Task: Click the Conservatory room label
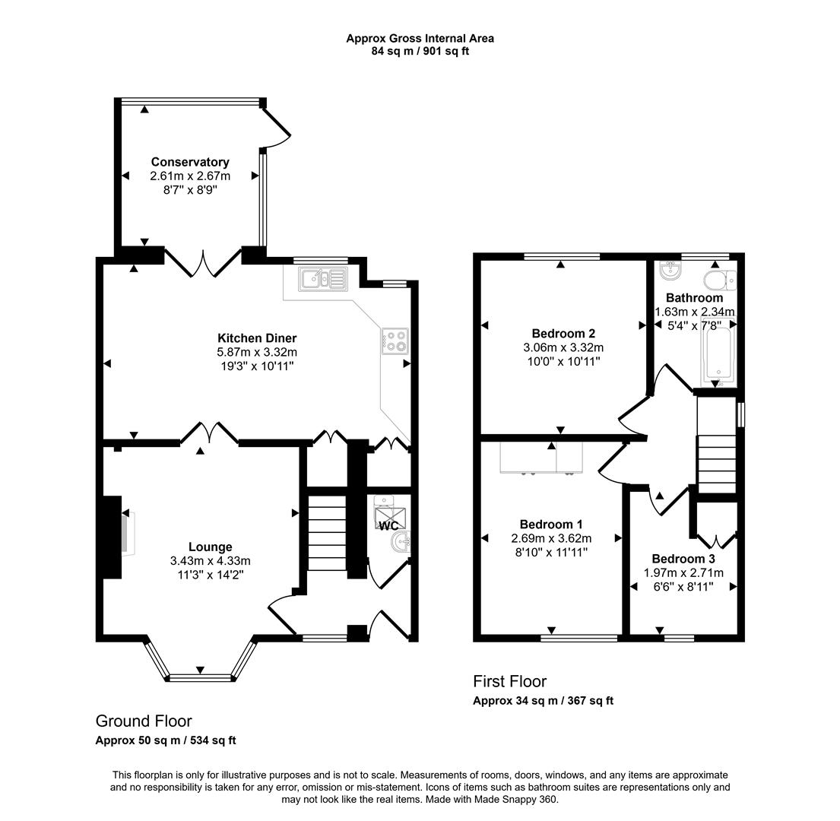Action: tap(189, 162)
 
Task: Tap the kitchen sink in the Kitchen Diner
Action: tap(323, 279)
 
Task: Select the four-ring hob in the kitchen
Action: tap(395, 341)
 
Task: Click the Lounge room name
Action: tap(210, 547)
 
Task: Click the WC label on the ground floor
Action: tap(388, 526)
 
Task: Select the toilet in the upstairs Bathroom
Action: tap(719, 281)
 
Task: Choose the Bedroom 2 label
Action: tap(563, 333)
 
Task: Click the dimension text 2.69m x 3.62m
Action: tap(550, 538)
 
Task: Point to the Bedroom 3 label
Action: tap(683, 559)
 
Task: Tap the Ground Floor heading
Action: tap(144, 721)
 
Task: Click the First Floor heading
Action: tap(509, 681)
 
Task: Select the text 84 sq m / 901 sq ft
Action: tap(420, 51)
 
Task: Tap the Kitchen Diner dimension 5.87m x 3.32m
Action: tap(257, 352)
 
